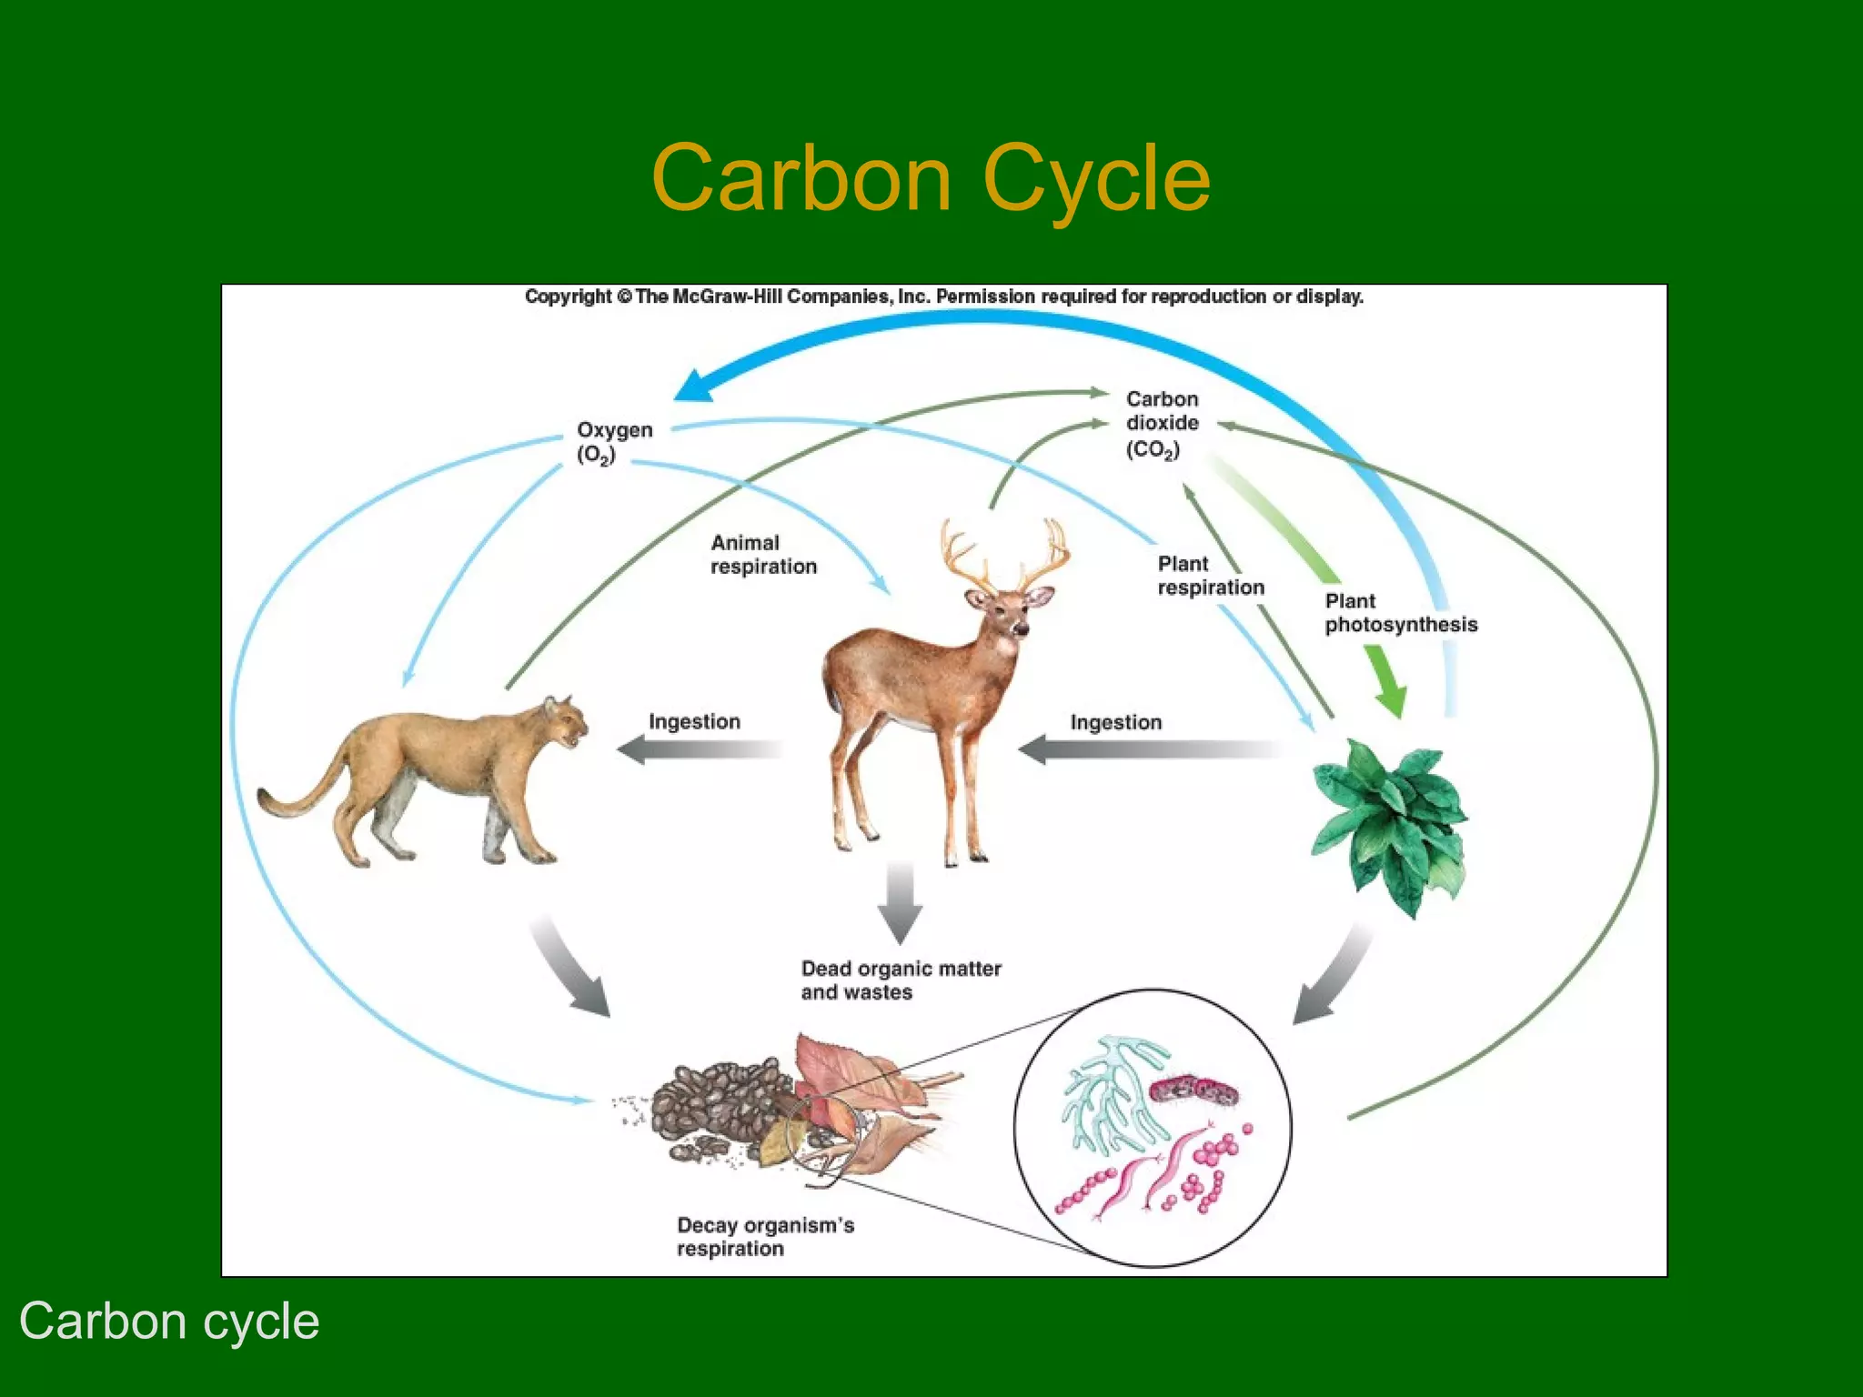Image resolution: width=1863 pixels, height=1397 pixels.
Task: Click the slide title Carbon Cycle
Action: click(931, 178)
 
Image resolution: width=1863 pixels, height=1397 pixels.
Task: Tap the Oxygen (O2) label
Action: click(614, 441)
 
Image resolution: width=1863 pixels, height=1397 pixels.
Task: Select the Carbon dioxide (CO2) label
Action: click(1162, 424)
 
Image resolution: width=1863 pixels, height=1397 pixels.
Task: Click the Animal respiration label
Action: click(762, 555)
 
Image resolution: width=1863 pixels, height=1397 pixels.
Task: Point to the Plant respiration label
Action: click(1210, 576)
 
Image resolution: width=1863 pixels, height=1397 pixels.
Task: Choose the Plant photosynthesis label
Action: click(1400, 613)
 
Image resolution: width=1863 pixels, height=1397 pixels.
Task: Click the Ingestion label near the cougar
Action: click(694, 721)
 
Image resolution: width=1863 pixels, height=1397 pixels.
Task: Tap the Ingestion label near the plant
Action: click(1115, 722)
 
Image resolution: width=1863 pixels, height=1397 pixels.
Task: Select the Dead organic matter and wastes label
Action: click(900, 980)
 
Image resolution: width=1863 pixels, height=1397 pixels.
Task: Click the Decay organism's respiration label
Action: click(764, 1237)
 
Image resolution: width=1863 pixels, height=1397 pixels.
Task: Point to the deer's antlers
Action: click(1005, 555)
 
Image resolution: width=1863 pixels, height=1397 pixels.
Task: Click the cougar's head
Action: click(564, 723)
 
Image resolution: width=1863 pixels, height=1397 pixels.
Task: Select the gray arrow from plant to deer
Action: click(1146, 750)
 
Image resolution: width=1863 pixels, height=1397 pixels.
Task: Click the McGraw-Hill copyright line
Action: click(943, 296)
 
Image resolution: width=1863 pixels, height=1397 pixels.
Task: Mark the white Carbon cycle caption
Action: click(169, 1321)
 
